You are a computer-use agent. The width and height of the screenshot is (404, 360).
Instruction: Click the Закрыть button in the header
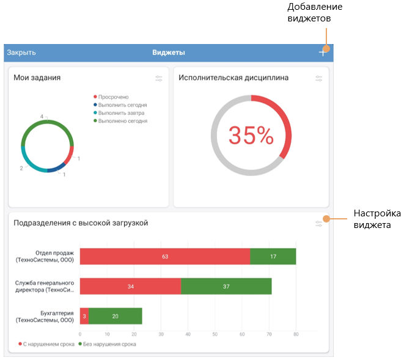pyautogui.click(x=21, y=53)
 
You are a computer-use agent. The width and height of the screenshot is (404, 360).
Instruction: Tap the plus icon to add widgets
pyautogui.click(x=323, y=53)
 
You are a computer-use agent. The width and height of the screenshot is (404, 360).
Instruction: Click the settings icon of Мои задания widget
pyautogui.click(x=159, y=78)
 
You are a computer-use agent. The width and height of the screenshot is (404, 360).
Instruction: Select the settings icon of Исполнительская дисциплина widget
pyautogui.click(x=318, y=78)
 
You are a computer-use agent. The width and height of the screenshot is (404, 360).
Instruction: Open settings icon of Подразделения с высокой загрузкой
pyautogui.click(x=318, y=224)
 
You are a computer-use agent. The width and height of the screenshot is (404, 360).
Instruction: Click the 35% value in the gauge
pyautogui.click(x=251, y=136)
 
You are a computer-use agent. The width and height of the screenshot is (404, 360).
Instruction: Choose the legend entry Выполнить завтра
pyautogui.click(x=122, y=113)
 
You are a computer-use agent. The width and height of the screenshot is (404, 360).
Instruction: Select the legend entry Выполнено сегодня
pyautogui.click(x=122, y=121)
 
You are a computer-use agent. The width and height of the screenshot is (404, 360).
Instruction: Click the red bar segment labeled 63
pyautogui.click(x=164, y=257)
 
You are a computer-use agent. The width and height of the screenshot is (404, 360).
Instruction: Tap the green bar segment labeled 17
pyautogui.click(x=273, y=257)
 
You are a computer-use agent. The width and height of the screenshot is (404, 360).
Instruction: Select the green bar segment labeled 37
pyautogui.click(x=226, y=287)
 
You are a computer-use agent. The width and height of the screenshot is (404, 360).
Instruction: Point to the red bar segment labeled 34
pyautogui.click(x=130, y=287)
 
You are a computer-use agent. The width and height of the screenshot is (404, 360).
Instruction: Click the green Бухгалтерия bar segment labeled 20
pyautogui.click(x=116, y=316)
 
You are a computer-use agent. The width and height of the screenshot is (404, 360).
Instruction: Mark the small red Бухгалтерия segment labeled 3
pyautogui.click(x=84, y=316)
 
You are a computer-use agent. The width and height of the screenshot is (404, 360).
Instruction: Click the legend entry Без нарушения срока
pyautogui.click(x=109, y=344)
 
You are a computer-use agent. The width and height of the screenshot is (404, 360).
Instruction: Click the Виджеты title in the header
pyautogui.click(x=169, y=53)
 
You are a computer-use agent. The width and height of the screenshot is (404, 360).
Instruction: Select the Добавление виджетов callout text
pyautogui.click(x=315, y=12)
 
